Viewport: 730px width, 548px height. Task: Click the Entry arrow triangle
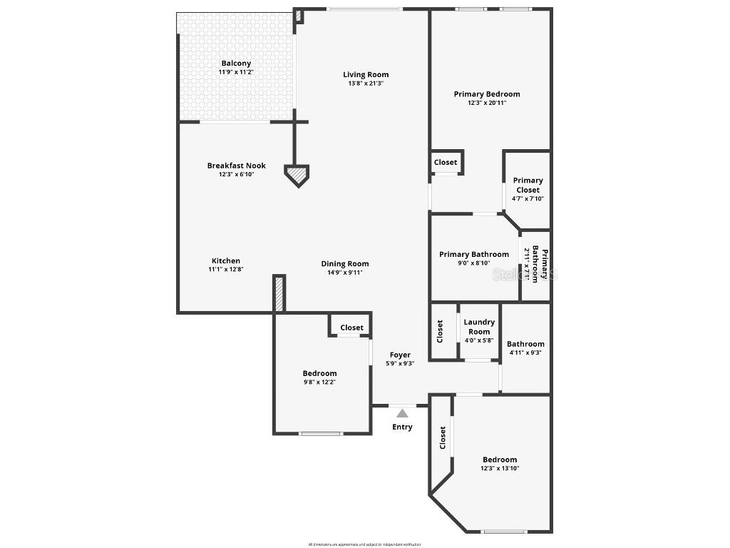(402, 413)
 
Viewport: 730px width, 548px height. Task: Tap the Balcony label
(236, 64)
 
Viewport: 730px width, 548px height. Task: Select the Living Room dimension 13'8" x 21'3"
(366, 83)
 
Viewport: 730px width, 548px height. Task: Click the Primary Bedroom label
(487, 93)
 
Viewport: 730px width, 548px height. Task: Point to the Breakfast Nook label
(237, 166)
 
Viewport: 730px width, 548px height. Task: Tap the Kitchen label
(226, 260)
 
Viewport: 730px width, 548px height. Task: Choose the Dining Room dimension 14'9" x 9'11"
(344, 273)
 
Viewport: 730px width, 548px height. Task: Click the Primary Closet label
(528, 185)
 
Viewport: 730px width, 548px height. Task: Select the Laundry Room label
(479, 327)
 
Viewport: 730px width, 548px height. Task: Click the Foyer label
(400, 355)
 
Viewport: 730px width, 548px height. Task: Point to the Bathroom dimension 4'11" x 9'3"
(525, 352)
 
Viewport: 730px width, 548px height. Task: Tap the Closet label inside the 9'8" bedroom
(351, 328)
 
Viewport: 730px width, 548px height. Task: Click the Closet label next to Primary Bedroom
(446, 162)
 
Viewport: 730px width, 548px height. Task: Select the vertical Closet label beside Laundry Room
(440, 331)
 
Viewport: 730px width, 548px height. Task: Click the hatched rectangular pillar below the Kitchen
(279, 293)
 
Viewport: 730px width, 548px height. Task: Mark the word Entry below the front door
(402, 427)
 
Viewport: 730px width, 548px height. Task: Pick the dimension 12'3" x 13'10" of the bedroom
(500, 469)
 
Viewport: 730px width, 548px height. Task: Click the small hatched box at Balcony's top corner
(299, 16)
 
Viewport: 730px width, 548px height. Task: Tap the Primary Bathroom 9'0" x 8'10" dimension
(473, 263)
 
